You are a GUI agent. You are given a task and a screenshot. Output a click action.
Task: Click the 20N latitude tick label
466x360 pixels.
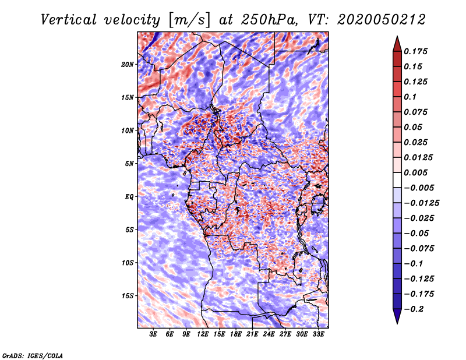128,64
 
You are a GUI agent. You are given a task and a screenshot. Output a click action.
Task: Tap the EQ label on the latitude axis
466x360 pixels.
129,197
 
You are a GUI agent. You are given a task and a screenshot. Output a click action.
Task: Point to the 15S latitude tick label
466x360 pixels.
128,296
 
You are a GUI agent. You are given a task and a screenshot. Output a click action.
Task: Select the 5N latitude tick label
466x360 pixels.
129,164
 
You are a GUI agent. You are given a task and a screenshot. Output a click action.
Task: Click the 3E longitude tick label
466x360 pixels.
153,334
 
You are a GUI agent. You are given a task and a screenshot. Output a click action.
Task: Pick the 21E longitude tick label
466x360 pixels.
252,334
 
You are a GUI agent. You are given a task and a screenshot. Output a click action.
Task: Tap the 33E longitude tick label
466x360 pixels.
318,334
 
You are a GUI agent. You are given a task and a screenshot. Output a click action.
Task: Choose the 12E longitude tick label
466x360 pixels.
203,334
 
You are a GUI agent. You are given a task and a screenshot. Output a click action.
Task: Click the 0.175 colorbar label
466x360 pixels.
415,51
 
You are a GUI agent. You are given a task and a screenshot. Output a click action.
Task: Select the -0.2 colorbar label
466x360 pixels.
414,309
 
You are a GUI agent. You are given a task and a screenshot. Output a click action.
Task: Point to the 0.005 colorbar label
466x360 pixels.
415,172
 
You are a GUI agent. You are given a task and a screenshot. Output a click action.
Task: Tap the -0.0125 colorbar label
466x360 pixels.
421,203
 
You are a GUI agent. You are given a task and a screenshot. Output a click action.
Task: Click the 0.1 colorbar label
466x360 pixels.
410,97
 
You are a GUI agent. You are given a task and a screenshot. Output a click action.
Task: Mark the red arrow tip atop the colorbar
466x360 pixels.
397,36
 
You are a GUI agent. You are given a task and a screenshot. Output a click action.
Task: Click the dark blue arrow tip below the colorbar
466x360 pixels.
397,323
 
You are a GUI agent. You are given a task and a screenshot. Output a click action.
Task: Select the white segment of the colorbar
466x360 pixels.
397,180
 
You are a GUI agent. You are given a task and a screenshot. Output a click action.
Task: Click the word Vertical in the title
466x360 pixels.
69,20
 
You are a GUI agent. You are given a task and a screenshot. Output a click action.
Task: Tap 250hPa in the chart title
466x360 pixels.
269,20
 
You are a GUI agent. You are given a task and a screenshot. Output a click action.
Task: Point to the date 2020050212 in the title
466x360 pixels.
382,20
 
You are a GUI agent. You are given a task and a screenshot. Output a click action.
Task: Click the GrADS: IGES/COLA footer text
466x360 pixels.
33,355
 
